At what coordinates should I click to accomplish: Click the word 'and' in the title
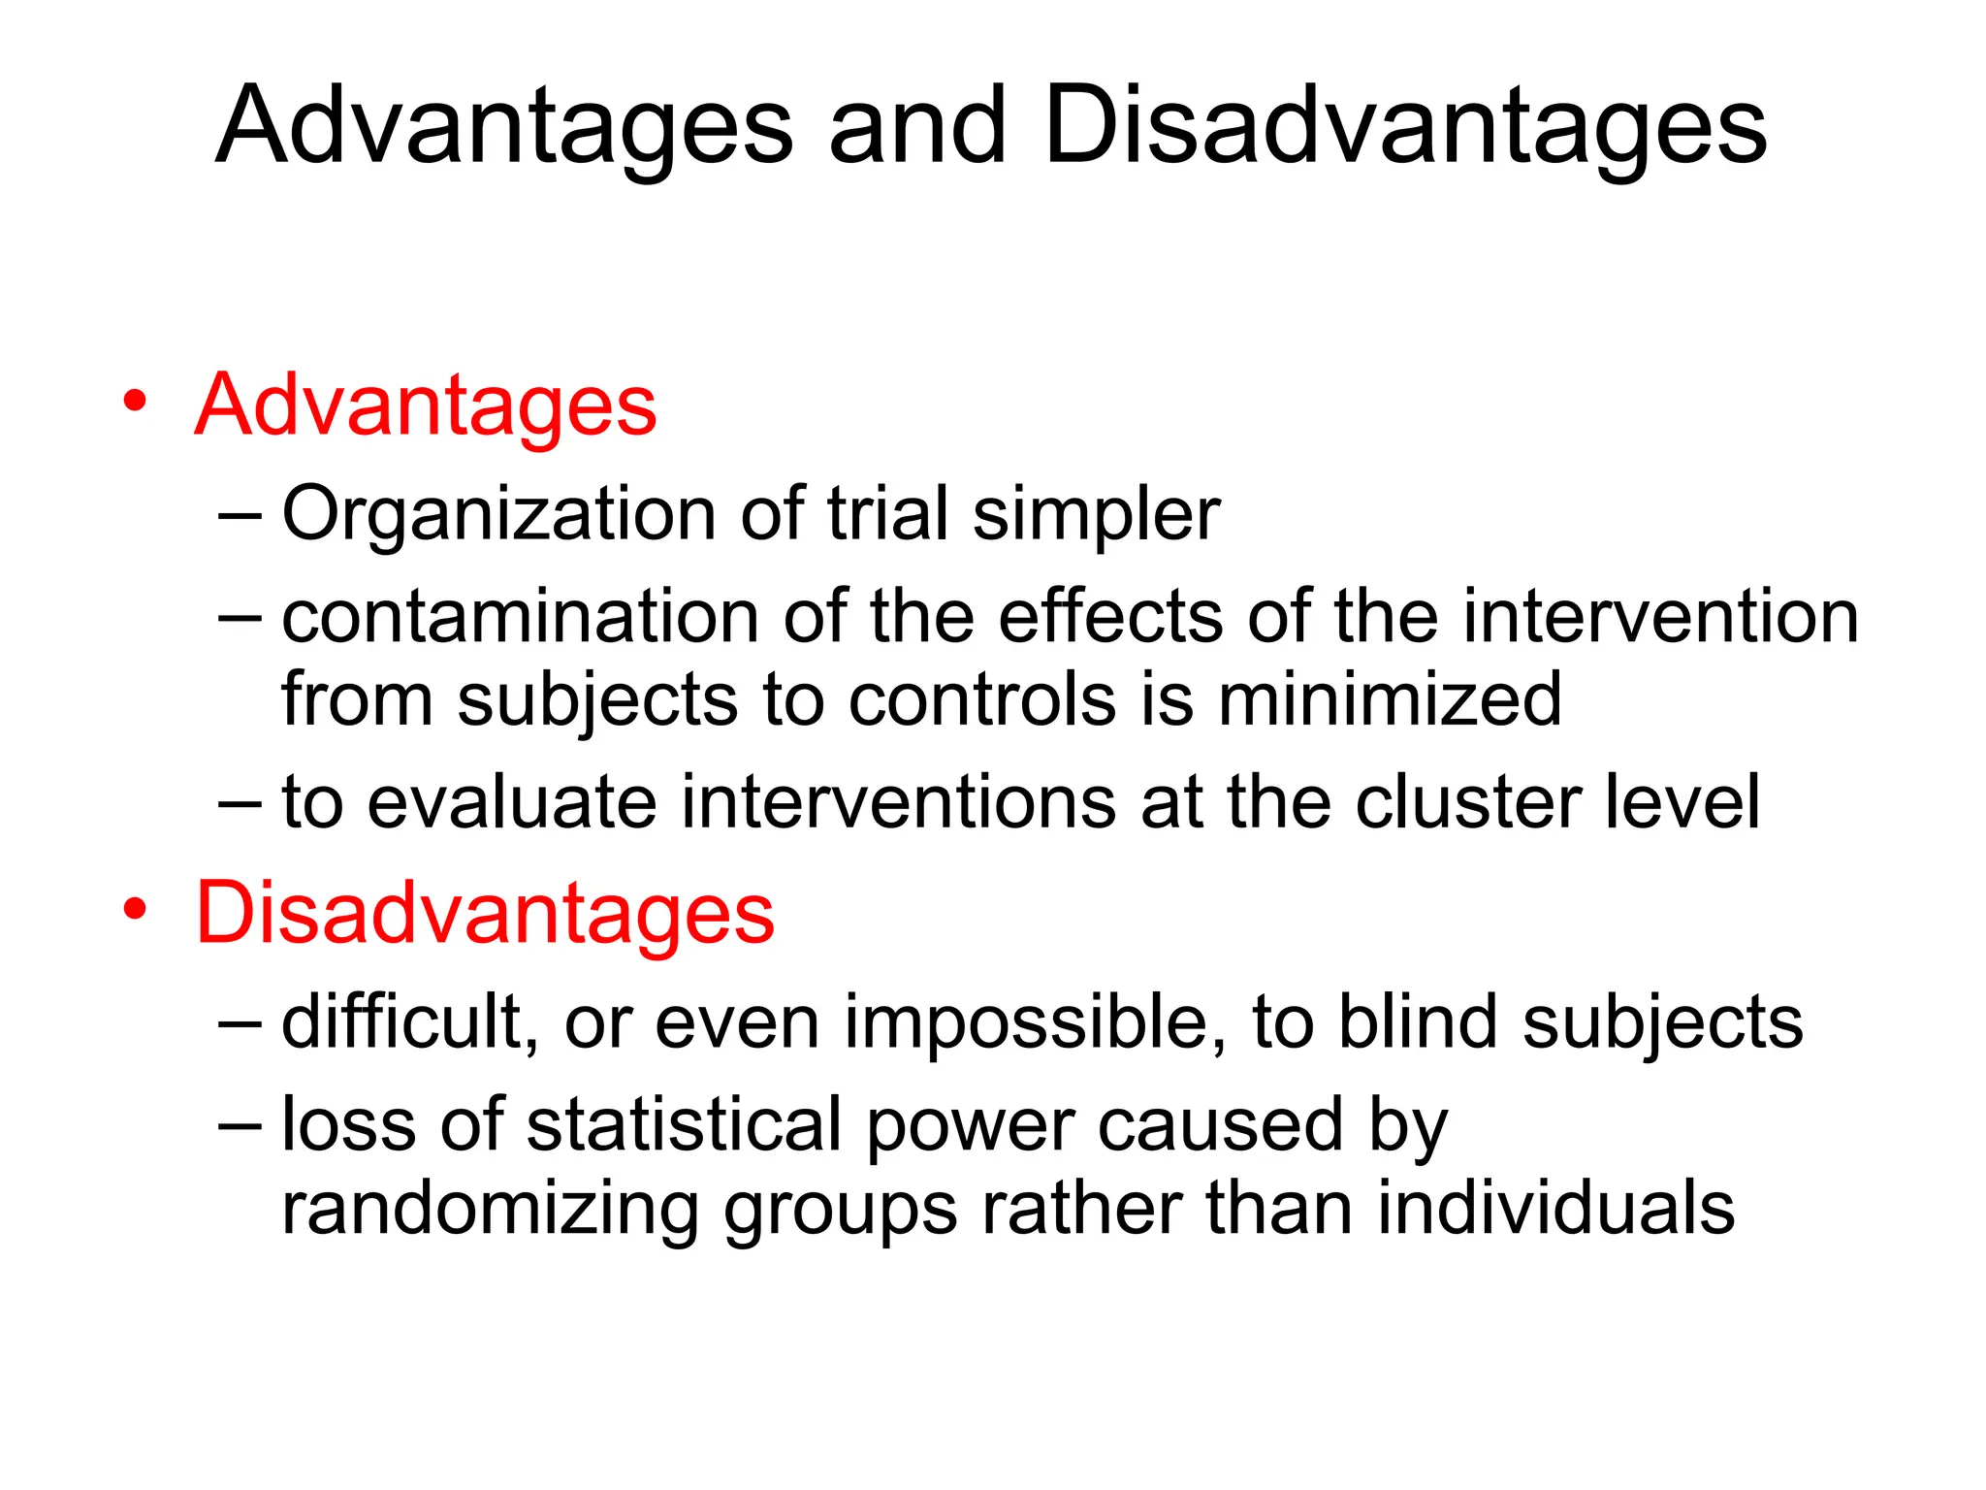[x=916, y=127]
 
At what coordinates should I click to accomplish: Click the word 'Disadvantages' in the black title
[x=1405, y=127]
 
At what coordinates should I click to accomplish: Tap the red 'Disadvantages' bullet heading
[x=485, y=913]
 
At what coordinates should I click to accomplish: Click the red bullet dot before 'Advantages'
[x=135, y=401]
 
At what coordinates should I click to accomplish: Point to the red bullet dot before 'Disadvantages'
[x=135, y=909]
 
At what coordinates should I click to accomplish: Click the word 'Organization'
[x=499, y=514]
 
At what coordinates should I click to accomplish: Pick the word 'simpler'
[x=1096, y=514]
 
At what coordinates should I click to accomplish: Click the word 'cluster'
[x=1468, y=802]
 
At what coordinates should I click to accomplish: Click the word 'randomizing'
[x=490, y=1209]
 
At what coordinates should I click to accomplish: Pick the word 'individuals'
[x=1555, y=1209]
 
